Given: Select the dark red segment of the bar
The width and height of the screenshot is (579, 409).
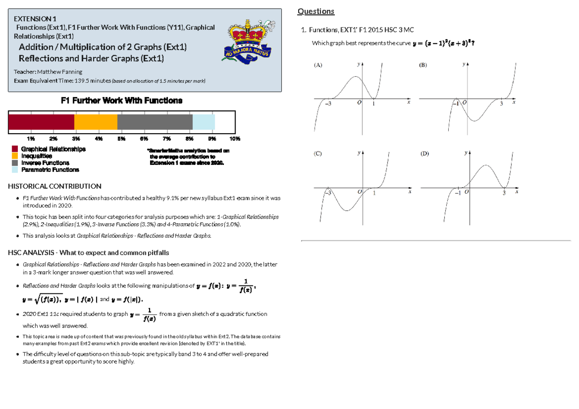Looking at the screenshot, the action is tap(41, 122).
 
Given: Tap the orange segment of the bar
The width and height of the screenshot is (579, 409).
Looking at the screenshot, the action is tap(96, 122).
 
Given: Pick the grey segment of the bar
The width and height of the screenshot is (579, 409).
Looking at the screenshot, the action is tap(155, 122).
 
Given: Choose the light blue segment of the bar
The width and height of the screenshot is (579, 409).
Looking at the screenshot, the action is tap(204, 122).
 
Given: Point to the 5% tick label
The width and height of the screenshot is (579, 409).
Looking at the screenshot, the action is tap(121, 139).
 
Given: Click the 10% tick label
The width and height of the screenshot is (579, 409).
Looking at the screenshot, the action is tap(235, 139).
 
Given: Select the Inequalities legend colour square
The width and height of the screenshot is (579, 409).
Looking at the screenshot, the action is tap(15, 156).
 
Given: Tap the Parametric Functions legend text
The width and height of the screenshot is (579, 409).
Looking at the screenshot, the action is tap(50, 170).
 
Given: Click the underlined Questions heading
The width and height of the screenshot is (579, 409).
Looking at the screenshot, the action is tap(316, 12).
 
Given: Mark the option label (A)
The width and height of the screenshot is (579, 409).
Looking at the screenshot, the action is tap(318, 64).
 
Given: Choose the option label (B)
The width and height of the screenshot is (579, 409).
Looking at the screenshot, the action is tap(423, 64).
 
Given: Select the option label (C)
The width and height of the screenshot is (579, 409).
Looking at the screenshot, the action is tap(318, 154).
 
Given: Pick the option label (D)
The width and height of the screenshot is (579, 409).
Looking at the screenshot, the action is tap(425, 154).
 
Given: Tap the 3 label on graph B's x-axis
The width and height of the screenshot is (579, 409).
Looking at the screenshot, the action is tap(501, 104).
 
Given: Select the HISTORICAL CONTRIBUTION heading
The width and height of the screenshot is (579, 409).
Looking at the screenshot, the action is tap(55, 186).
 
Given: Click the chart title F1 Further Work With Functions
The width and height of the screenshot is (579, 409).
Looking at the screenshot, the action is tap(121, 101).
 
